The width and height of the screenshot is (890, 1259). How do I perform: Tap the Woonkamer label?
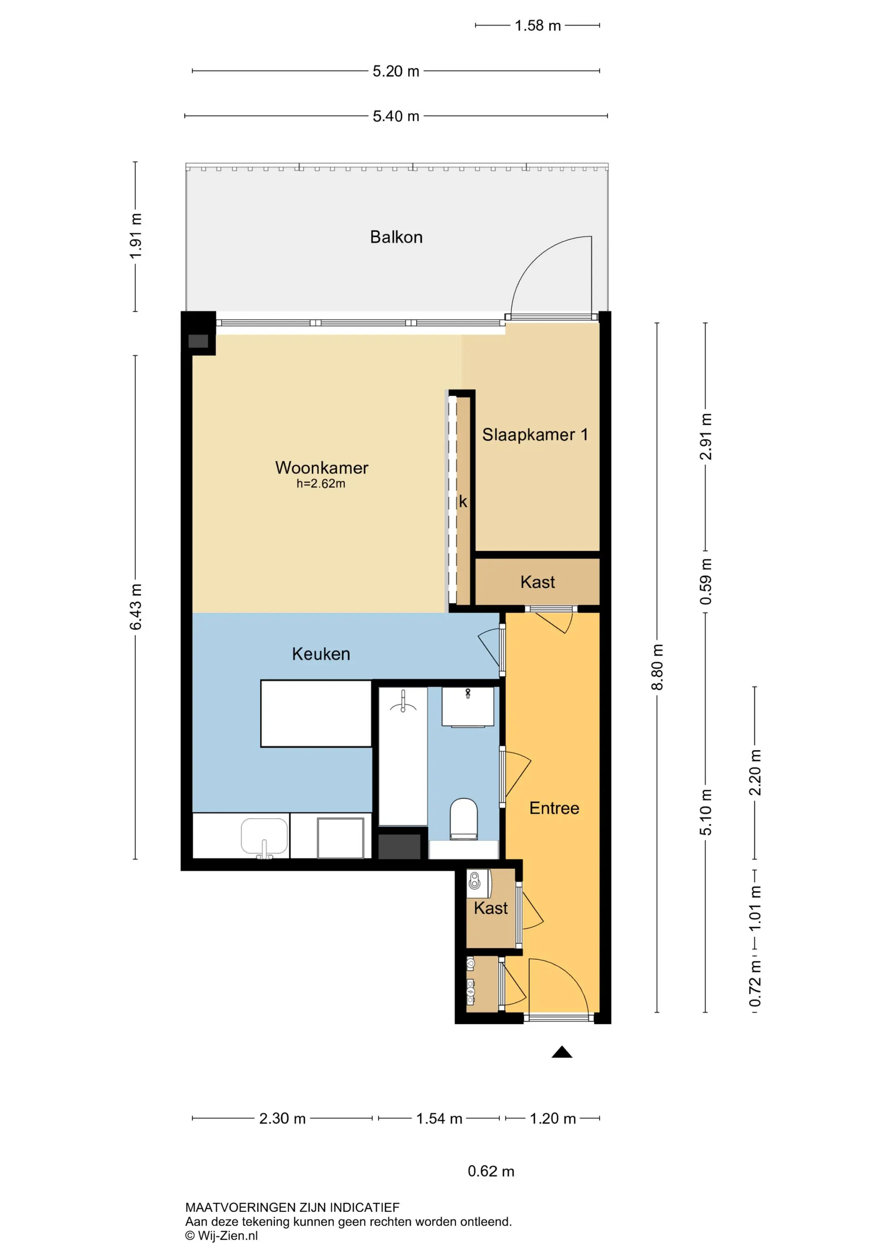(322, 468)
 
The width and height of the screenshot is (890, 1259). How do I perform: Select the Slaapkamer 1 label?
(535, 434)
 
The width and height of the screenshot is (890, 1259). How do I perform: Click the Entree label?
(554, 808)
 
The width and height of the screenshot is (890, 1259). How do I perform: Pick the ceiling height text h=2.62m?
(321, 483)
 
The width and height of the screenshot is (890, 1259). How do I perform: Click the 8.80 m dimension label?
(657, 667)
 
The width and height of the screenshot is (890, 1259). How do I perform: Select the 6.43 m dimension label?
(135, 607)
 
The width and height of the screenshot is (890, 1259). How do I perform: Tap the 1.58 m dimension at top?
(538, 26)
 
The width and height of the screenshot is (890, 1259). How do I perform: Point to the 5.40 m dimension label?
(396, 116)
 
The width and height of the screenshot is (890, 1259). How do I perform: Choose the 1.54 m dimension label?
(439, 1119)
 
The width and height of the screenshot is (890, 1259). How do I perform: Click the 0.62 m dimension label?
(491, 1171)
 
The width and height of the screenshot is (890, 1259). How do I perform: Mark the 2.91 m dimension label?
(706, 436)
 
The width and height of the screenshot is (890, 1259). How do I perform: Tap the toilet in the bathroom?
(463, 819)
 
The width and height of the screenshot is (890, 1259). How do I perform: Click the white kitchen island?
(316, 713)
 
